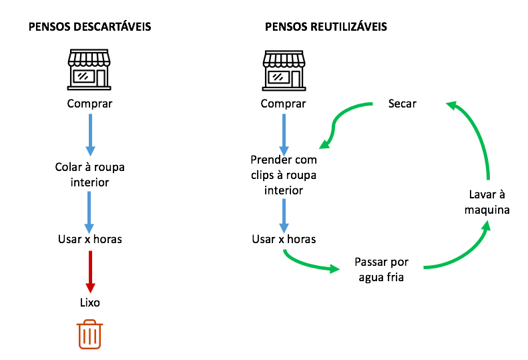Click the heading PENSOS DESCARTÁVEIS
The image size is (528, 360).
coord(89,27)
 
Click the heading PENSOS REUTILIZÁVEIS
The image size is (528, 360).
coord(326,27)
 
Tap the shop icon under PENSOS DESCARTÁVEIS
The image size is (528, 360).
coord(89,69)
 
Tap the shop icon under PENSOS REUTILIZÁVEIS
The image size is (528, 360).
coord(284,69)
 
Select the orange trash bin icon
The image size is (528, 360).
coord(89,335)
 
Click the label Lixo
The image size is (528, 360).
coord(89,303)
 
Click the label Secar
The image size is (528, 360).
coord(402,104)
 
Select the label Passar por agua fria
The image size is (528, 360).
coord(381,269)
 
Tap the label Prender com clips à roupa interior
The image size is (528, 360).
coord(284,175)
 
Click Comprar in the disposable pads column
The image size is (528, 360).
coord(89,104)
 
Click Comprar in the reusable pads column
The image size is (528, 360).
coord(284,104)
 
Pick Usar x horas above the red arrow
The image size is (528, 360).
coord(89,238)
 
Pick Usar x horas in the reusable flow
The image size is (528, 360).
coord(284,238)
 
